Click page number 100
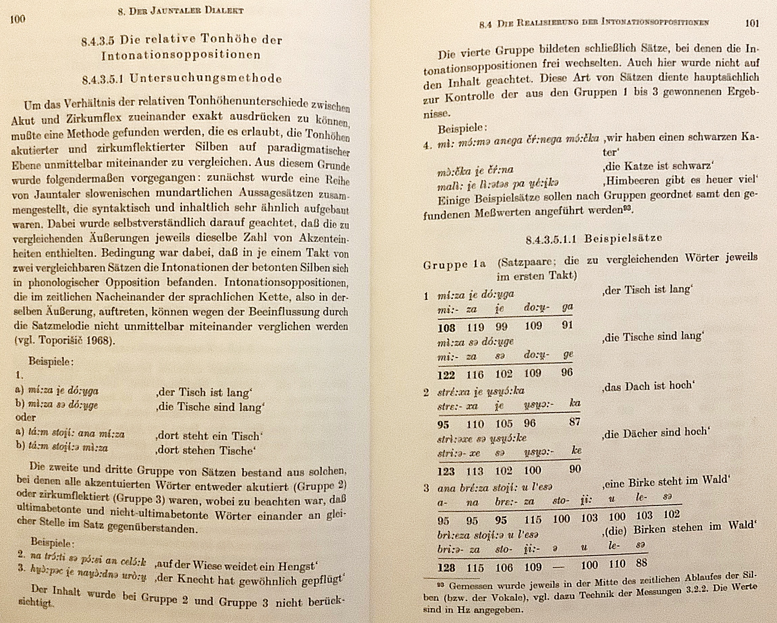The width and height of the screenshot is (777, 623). pos(18,19)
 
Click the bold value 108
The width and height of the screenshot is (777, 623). pos(446,328)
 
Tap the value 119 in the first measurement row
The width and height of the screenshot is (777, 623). pos(475,327)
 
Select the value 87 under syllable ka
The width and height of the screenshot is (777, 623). pos(574,421)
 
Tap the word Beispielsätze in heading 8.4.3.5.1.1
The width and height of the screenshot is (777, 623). pos(623,238)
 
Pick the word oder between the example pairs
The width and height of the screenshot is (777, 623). pos(26,417)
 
